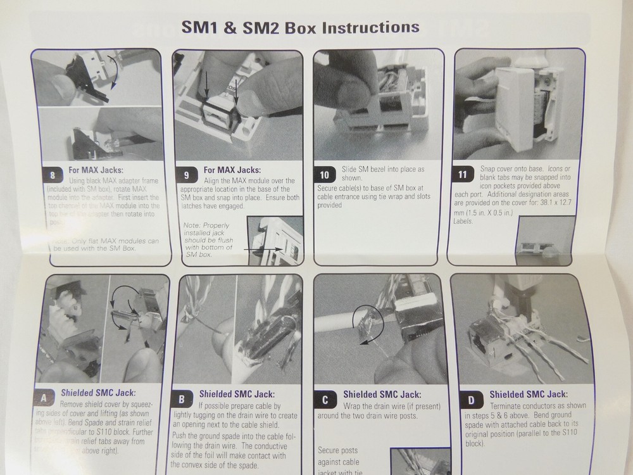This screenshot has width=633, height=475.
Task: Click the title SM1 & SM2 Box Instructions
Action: tap(301, 27)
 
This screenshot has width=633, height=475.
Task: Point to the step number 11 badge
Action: tap(465, 175)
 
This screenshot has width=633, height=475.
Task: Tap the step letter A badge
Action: tap(44, 398)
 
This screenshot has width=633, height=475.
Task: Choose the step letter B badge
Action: tap(182, 399)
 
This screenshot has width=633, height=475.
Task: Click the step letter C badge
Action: tap(324, 399)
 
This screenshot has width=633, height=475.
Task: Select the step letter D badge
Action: tap(471, 399)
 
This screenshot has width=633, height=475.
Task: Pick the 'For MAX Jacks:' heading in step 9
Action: tap(232, 169)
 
